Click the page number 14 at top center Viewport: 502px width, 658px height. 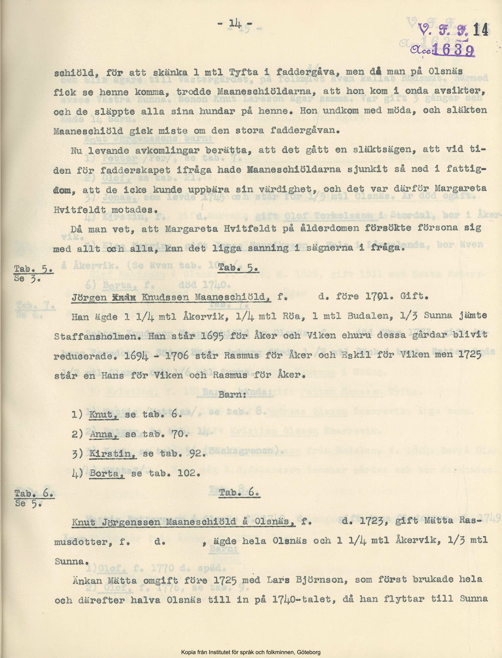point(235,23)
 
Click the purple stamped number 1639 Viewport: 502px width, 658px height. point(454,50)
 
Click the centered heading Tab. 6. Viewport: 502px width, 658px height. point(239,493)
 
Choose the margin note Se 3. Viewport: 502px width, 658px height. point(27,278)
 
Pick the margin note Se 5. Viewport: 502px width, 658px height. point(28,503)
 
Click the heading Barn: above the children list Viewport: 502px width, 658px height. point(232,394)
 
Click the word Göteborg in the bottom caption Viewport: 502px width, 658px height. point(309,652)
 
